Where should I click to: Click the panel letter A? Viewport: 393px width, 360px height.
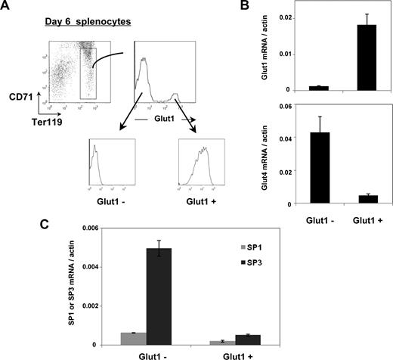tap(8, 8)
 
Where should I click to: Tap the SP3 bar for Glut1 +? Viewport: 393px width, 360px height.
tap(251, 340)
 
